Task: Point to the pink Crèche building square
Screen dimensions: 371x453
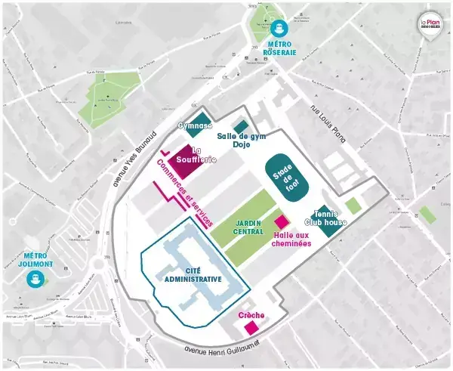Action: (x=251, y=327)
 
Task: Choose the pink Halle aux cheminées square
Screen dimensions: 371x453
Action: (x=282, y=222)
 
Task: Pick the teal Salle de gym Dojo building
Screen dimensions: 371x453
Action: (x=241, y=125)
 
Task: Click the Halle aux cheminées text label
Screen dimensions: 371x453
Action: (x=291, y=239)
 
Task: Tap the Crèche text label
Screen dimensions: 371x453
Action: (x=250, y=314)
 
